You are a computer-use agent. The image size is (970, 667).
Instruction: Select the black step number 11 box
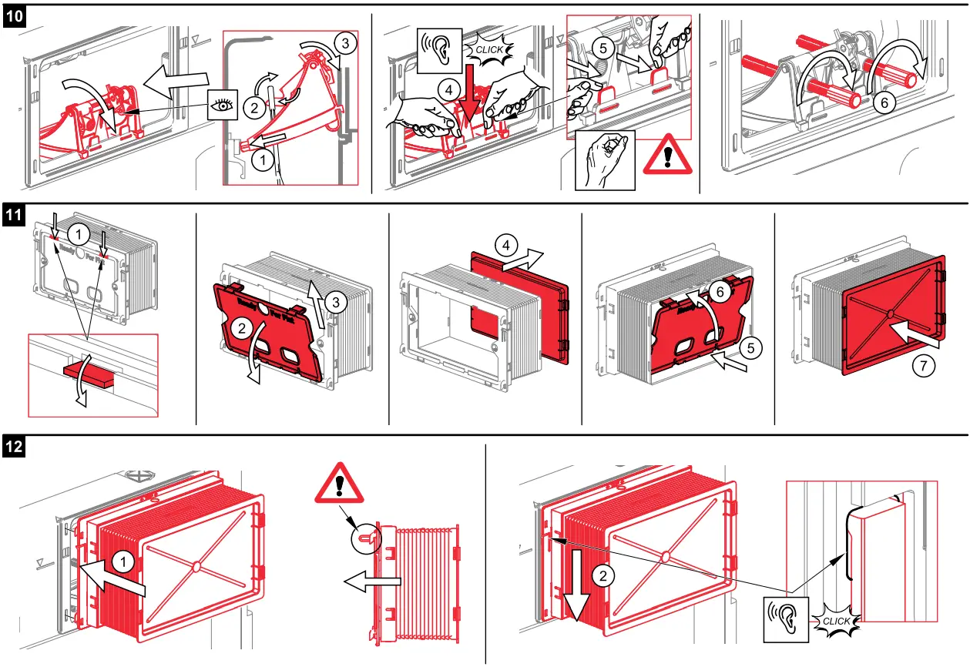[15, 216]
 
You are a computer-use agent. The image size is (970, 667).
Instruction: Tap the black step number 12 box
[15, 445]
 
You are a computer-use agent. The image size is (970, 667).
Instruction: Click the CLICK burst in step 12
[836, 621]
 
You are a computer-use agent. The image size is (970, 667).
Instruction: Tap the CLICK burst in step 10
[488, 49]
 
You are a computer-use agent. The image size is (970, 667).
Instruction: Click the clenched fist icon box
[605, 159]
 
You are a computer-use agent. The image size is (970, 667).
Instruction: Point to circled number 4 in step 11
[505, 246]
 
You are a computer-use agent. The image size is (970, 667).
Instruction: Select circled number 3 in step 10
[345, 44]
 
